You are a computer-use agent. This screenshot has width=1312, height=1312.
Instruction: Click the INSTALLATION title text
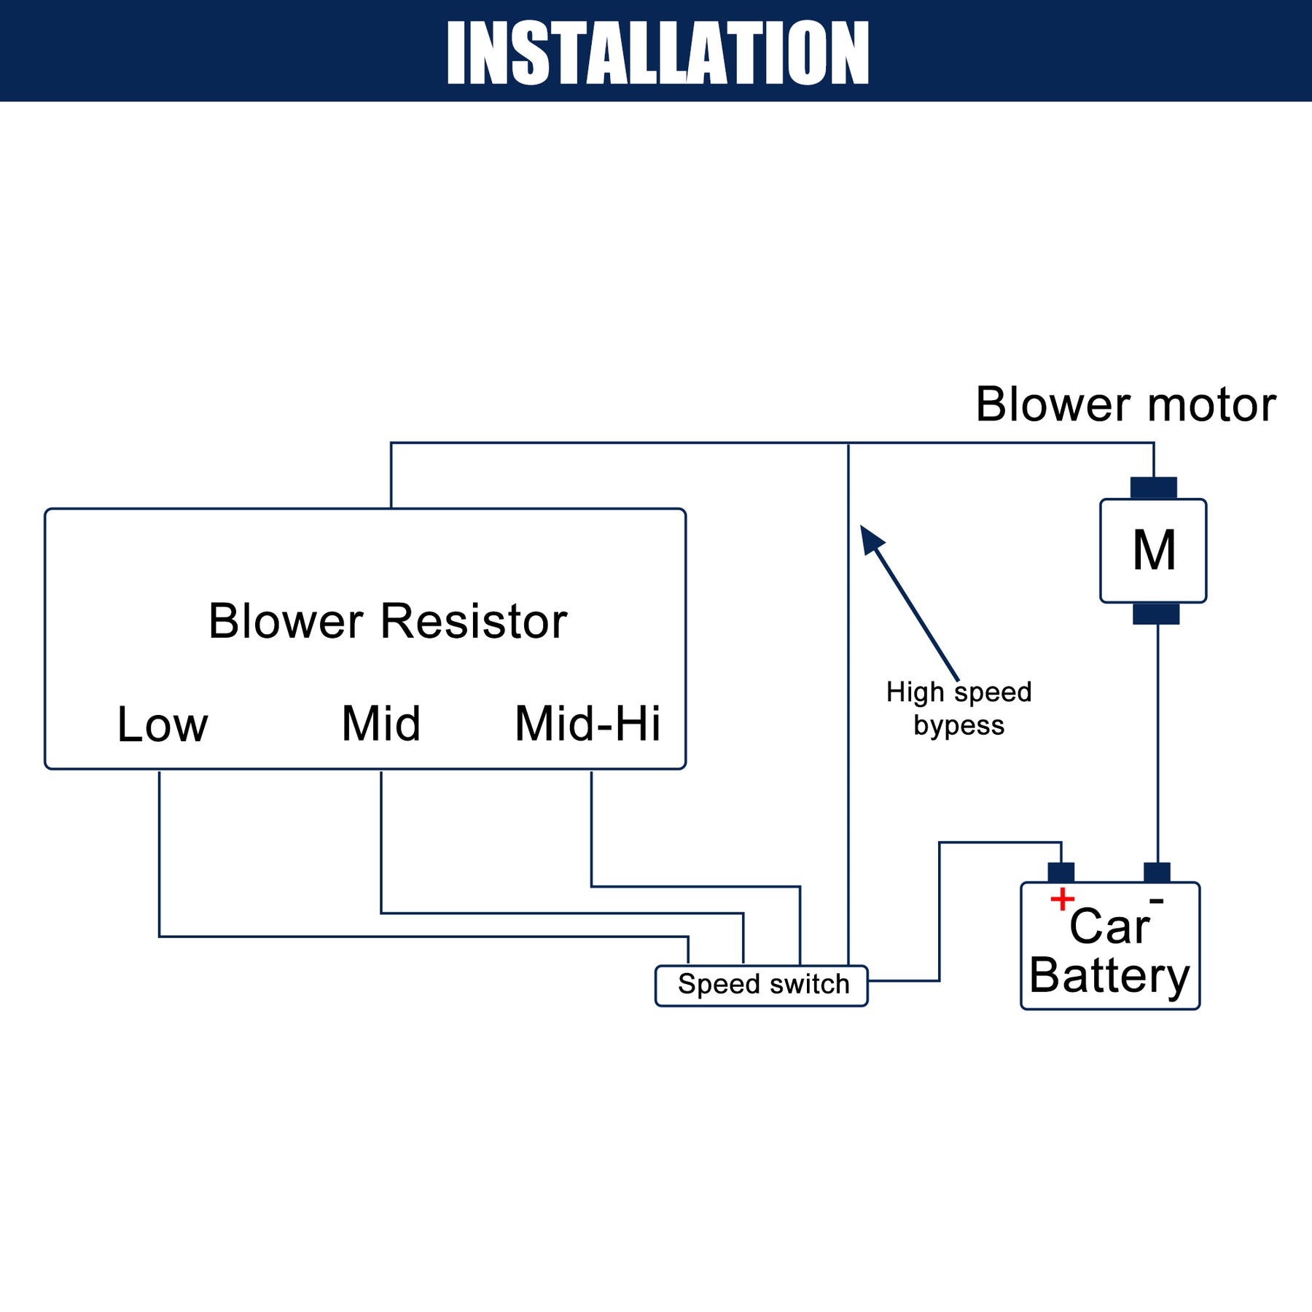[x=657, y=52]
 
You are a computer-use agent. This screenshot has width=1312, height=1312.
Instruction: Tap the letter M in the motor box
[x=1154, y=551]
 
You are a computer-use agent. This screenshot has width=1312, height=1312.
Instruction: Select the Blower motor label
[x=1125, y=405]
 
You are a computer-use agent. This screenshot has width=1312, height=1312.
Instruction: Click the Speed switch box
[x=762, y=985]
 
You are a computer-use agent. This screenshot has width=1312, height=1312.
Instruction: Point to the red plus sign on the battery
[x=1062, y=899]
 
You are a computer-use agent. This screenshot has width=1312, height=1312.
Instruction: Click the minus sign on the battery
[x=1156, y=902]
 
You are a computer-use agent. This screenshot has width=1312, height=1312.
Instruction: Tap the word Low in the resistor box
[x=163, y=725]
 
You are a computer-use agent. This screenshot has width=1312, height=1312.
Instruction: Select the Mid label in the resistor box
[x=381, y=724]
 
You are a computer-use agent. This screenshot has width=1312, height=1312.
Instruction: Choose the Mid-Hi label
[x=587, y=724]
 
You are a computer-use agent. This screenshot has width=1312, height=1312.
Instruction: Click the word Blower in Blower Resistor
[x=286, y=622]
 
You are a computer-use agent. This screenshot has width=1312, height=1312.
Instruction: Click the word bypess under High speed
[x=958, y=726]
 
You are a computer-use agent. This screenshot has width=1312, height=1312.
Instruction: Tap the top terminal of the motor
[x=1153, y=488]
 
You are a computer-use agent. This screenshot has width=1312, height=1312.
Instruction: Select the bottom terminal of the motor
[x=1156, y=614]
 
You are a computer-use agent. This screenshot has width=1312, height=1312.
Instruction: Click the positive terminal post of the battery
[x=1061, y=872]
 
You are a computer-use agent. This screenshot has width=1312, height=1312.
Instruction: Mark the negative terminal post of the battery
[x=1157, y=872]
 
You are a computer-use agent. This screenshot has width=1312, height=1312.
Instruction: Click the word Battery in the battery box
[x=1109, y=975]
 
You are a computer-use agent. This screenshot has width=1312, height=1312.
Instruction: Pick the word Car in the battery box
[x=1109, y=927]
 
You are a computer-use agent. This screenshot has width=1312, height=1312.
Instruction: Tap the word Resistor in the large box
[x=474, y=622]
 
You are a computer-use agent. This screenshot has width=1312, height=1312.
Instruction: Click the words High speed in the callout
[x=958, y=692]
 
